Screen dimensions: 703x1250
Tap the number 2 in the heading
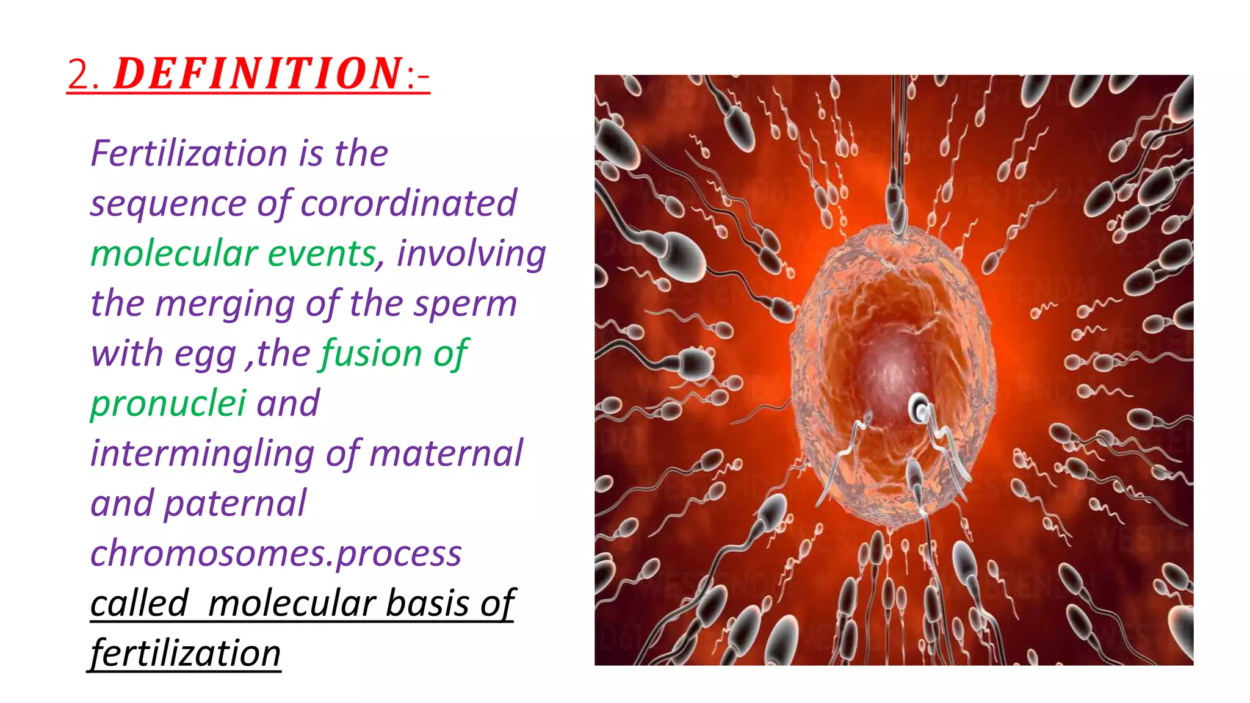click(78, 75)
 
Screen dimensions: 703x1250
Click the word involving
click(471, 253)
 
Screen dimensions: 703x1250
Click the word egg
click(205, 354)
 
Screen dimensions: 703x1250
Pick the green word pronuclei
click(168, 403)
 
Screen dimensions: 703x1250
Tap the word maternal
click(446, 453)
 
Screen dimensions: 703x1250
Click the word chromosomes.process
click(276, 553)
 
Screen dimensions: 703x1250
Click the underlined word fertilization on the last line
click(186, 654)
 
